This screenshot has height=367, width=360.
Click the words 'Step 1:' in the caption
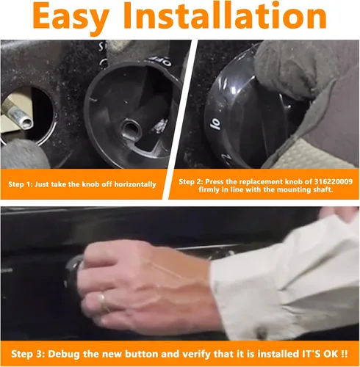pyautogui.click(x=21, y=184)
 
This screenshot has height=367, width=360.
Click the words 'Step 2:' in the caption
pyautogui.click(x=191, y=181)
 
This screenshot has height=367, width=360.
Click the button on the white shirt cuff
pyautogui.click(x=261, y=333)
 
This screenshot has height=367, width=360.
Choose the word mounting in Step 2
pyautogui.click(x=287, y=189)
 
